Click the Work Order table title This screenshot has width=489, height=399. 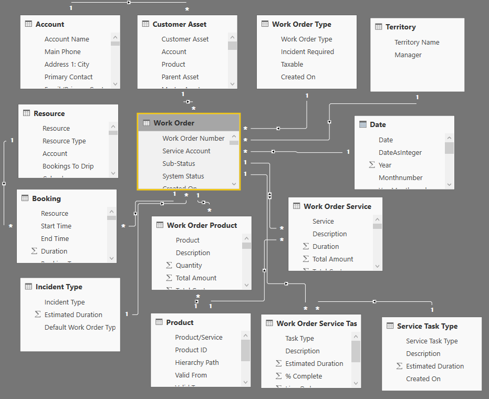pos(174,123)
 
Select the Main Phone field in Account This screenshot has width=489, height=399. pos(63,51)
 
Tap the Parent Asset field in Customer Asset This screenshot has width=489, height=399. pos(180,77)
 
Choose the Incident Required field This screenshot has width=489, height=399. pos(307,51)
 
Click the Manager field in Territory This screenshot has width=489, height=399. pos(408,55)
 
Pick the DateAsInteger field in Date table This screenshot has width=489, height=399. pos(400,152)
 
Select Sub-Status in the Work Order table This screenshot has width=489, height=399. pos(179,163)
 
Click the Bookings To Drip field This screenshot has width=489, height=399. pos(68,166)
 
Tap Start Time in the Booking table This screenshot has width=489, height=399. pos(56,226)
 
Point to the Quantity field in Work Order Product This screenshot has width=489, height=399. pos(189,265)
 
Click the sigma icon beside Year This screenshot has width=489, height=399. pos(372,165)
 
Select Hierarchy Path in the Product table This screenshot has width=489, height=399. pos(197,362)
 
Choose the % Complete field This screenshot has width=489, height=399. pos(304,376)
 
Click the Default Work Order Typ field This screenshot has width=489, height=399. pos(80,327)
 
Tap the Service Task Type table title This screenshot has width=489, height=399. pos(427,326)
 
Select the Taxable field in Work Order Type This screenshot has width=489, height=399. pos(292,64)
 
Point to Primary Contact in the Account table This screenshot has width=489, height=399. pos(68,77)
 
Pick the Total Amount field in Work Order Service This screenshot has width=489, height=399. pos(333,259)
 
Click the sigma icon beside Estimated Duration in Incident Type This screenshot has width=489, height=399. pos(37,314)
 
